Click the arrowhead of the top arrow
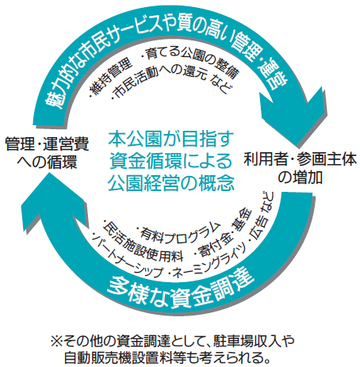point(293,117)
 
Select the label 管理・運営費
point(47,144)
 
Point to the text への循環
point(47,162)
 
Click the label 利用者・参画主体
point(301,159)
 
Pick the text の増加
point(301,178)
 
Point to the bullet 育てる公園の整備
point(191,59)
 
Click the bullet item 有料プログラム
point(179,232)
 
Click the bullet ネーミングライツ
point(209,262)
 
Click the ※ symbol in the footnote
point(57,342)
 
